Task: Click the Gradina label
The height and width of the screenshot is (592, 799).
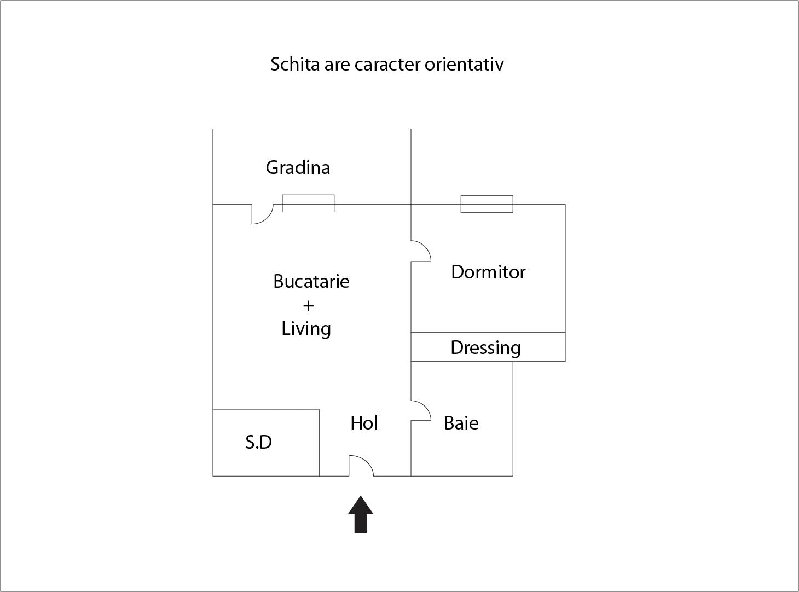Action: click(x=298, y=167)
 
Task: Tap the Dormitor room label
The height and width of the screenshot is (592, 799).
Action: click(x=488, y=272)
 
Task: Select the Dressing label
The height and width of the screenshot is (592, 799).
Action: click(x=485, y=349)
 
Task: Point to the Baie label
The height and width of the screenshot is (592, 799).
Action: click(x=461, y=423)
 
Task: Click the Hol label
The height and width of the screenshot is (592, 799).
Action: click(x=364, y=423)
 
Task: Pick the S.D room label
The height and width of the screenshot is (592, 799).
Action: click(x=259, y=442)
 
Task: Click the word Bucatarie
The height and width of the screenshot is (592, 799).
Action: click(x=311, y=281)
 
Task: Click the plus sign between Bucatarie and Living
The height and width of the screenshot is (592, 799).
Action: click(x=308, y=306)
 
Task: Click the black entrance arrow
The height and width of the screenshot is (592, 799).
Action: click(x=361, y=514)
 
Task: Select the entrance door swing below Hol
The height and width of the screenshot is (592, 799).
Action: click(x=361, y=466)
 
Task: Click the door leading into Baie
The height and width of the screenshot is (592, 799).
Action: click(x=421, y=410)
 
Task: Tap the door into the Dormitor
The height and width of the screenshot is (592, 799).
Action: click(x=421, y=251)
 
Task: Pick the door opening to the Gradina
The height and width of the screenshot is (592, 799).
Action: click(x=263, y=214)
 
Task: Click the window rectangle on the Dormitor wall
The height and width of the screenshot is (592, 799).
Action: click(x=487, y=204)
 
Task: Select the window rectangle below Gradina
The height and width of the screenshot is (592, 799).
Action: click(x=308, y=204)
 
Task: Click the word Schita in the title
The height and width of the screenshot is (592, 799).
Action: click(x=295, y=64)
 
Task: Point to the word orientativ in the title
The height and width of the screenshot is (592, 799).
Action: click(x=464, y=64)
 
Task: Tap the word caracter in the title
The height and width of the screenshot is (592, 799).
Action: click(x=387, y=65)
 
